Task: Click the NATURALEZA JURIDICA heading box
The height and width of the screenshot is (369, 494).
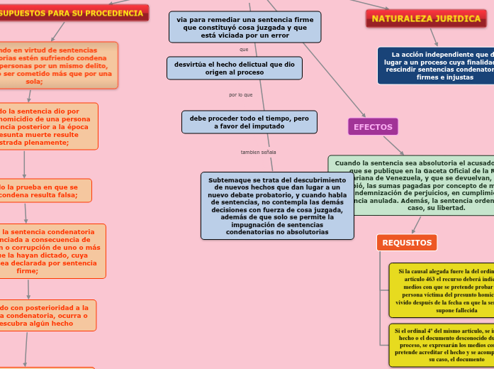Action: click(x=427, y=18)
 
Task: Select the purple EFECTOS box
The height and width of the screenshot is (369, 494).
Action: click(x=373, y=126)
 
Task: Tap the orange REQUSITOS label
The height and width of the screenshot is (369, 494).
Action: click(x=407, y=243)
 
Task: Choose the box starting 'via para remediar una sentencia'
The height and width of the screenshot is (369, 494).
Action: click(x=245, y=27)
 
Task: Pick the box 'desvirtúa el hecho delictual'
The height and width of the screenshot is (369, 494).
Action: click(x=235, y=68)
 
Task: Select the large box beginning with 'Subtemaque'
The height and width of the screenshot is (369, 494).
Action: click(x=277, y=206)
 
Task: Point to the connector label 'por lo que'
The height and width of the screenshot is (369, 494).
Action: click(x=241, y=95)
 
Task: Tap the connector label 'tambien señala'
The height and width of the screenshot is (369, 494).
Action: click(x=259, y=152)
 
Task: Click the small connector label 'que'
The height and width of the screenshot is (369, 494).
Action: click(x=245, y=49)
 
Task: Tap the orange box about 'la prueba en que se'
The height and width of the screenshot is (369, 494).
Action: click(x=44, y=191)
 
